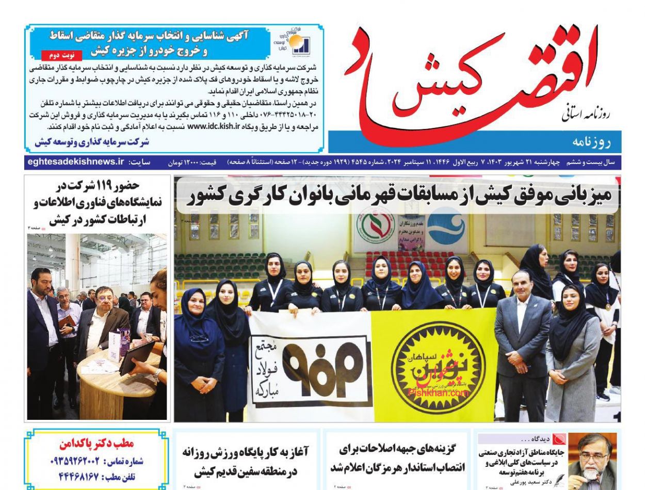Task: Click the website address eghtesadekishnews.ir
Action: point(74,162)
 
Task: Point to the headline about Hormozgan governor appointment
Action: point(397,458)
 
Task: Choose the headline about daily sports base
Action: point(246,461)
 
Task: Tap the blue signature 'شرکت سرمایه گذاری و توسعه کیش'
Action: point(92,141)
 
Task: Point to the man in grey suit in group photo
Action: point(521,340)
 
